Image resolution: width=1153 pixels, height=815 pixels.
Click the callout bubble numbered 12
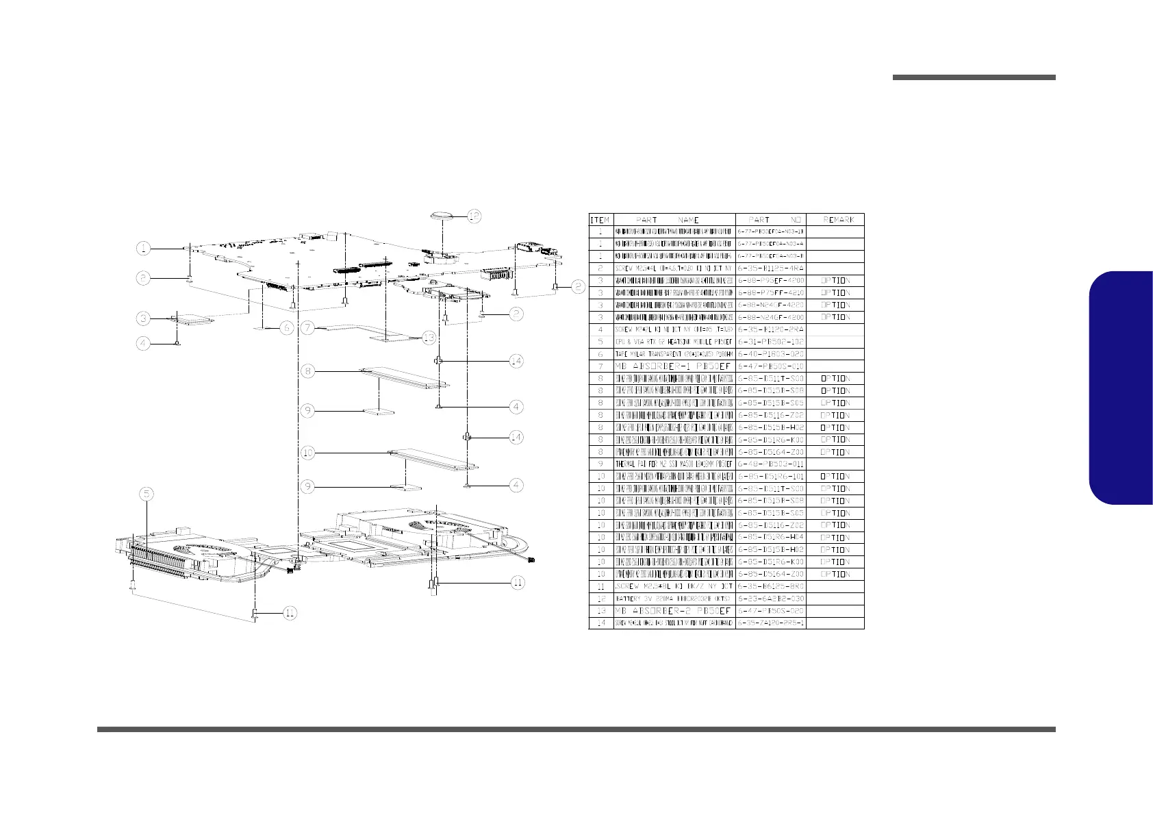[x=474, y=216]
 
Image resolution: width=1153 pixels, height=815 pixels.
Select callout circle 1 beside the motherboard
[x=142, y=247]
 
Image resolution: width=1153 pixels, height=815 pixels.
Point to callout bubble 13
[x=428, y=337]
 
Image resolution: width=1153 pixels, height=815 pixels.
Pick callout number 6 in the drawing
[x=287, y=328]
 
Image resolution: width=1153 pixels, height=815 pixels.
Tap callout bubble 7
[x=308, y=328]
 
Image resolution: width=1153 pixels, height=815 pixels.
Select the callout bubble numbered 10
[x=308, y=453]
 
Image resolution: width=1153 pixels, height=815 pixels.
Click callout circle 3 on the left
[x=142, y=318]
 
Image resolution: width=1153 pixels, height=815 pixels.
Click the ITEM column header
[x=600, y=220]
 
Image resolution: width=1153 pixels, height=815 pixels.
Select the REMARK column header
[x=838, y=220]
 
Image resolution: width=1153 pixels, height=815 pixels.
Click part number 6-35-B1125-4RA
[x=770, y=268]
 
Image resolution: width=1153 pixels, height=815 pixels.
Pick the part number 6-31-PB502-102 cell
[x=770, y=342]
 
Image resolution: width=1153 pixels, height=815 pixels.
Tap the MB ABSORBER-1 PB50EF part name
[x=674, y=366]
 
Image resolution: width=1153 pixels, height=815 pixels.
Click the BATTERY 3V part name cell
[x=674, y=599]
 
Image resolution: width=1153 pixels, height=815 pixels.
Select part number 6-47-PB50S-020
[x=770, y=611]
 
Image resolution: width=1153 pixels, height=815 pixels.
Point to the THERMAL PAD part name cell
[x=674, y=464]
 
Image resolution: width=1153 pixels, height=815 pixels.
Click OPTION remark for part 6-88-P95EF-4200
[x=835, y=281]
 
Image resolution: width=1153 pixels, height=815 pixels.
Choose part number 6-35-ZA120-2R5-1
[x=770, y=623]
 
